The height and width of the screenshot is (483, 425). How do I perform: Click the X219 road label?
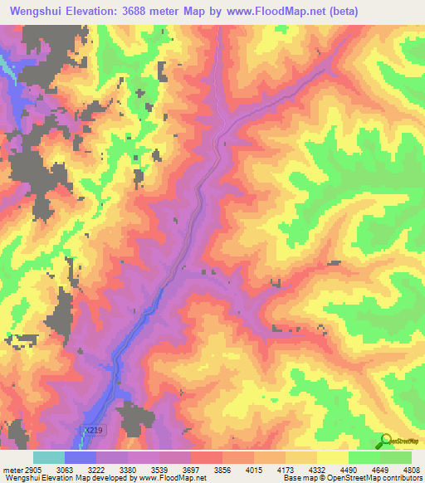point(94,431)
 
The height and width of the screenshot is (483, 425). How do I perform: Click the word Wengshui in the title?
point(41,12)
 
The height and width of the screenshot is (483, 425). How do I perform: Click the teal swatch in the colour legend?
point(49,457)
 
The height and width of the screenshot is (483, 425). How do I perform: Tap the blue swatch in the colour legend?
point(81,457)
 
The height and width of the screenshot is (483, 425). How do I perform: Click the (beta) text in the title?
point(395,12)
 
